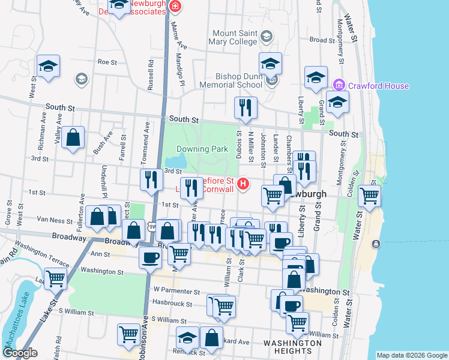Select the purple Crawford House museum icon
[x=340, y=86]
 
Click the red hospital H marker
[x=243, y=184]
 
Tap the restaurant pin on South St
[x=246, y=108]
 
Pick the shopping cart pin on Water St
[x=369, y=195]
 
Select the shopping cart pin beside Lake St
[x=55, y=278]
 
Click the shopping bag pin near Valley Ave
[x=73, y=137]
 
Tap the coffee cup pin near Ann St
[x=150, y=258]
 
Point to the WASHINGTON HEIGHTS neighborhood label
[x=292, y=343]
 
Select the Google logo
[x=19, y=353]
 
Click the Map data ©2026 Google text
[x=411, y=355]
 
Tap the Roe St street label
[x=106, y=62]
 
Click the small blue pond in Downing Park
[x=176, y=161]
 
